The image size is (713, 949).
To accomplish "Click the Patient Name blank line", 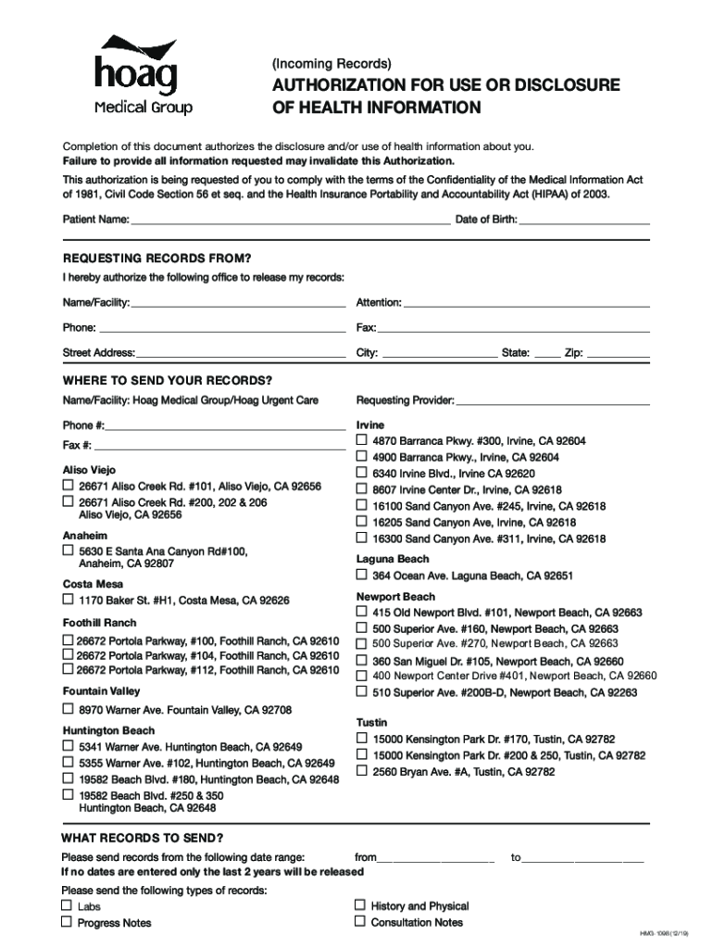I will click(x=290, y=220).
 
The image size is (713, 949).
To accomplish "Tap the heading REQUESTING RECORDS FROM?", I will click(x=156, y=258).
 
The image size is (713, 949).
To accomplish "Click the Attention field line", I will click(x=527, y=302).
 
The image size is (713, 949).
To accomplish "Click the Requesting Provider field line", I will click(x=553, y=400).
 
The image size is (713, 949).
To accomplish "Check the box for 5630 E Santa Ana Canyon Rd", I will click(x=68, y=550).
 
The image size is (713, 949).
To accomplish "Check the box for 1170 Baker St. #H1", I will click(x=68, y=600).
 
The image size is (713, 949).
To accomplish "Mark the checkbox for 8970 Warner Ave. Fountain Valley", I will click(x=68, y=709).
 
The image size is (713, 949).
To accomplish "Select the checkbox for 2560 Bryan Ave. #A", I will click(x=363, y=771).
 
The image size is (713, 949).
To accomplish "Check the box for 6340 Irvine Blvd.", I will click(x=363, y=473).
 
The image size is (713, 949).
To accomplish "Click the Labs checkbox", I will click(x=68, y=905).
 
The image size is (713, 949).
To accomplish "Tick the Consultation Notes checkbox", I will click(x=361, y=922).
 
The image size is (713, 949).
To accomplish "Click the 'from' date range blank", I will click(x=436, y=858).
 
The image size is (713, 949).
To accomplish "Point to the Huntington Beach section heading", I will click(x=108, y=730).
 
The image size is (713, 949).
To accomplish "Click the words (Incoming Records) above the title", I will click(x=331, y=64).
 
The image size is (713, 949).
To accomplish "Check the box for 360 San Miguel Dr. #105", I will click(x=363, y=661).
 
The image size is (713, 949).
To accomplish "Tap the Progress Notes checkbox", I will click(x=68, y=922).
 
